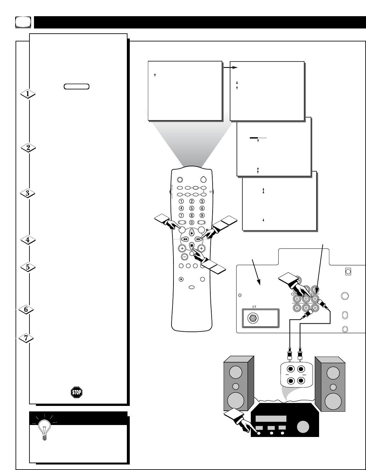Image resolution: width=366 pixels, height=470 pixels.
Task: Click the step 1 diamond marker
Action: coord(28,94)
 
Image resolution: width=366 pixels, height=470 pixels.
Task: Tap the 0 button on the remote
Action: coord(192,222)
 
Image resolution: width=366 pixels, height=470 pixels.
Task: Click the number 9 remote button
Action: coord(202,215)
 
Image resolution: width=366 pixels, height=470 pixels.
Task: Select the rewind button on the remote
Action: coord(184,239)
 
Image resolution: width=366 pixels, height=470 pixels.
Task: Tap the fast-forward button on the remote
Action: coord(198,239)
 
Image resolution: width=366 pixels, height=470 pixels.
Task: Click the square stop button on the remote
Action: coord(192,245)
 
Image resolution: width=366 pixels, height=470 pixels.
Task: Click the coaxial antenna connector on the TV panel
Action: coord(253,319)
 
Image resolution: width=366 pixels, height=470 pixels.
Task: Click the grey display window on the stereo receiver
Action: coord(271,419)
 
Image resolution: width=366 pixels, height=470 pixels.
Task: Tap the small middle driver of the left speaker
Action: coord(236,386)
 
